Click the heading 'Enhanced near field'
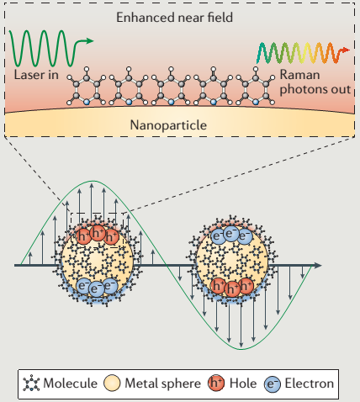[174, 18]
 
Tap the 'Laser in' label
[36, 75]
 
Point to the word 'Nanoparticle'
[168, 125]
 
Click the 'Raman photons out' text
[315, 82]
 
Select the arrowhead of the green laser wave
[90, 41]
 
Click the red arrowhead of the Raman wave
[346, 50]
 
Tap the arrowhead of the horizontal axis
[318, 265]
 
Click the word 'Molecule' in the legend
[71, 383]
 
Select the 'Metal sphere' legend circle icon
[112, 383]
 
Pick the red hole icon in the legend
[216, 383]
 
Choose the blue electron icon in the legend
[272, 383]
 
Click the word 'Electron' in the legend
[310, 383]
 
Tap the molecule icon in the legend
[31, 383]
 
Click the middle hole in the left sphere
[98, 233]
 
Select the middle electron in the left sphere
[96, 288]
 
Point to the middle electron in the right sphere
[230, 234]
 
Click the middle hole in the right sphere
[232, 288]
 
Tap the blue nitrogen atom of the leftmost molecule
[87, 102]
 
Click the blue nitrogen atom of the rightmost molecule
[256, 102]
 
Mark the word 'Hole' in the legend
[243, 383]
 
